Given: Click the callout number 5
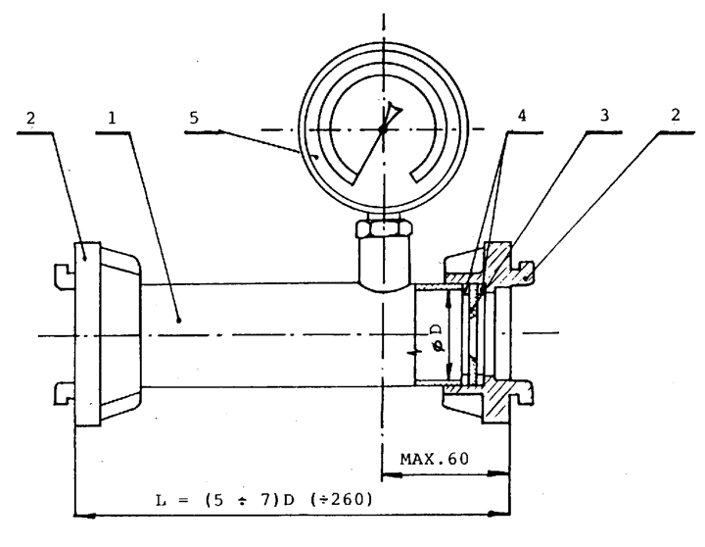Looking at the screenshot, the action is [x=194, y=118].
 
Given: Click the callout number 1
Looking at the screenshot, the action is [x=112, y=118].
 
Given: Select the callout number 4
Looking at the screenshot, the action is [x=522, y=116].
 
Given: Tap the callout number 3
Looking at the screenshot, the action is [x=605, y=116].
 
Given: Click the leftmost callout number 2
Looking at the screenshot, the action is [x=30, y=118].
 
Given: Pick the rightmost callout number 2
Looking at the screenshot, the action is [x=676, y=116].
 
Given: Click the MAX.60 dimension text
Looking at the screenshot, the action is [x=435, y=459].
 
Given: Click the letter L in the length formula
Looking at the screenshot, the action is [x=161, y=500].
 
